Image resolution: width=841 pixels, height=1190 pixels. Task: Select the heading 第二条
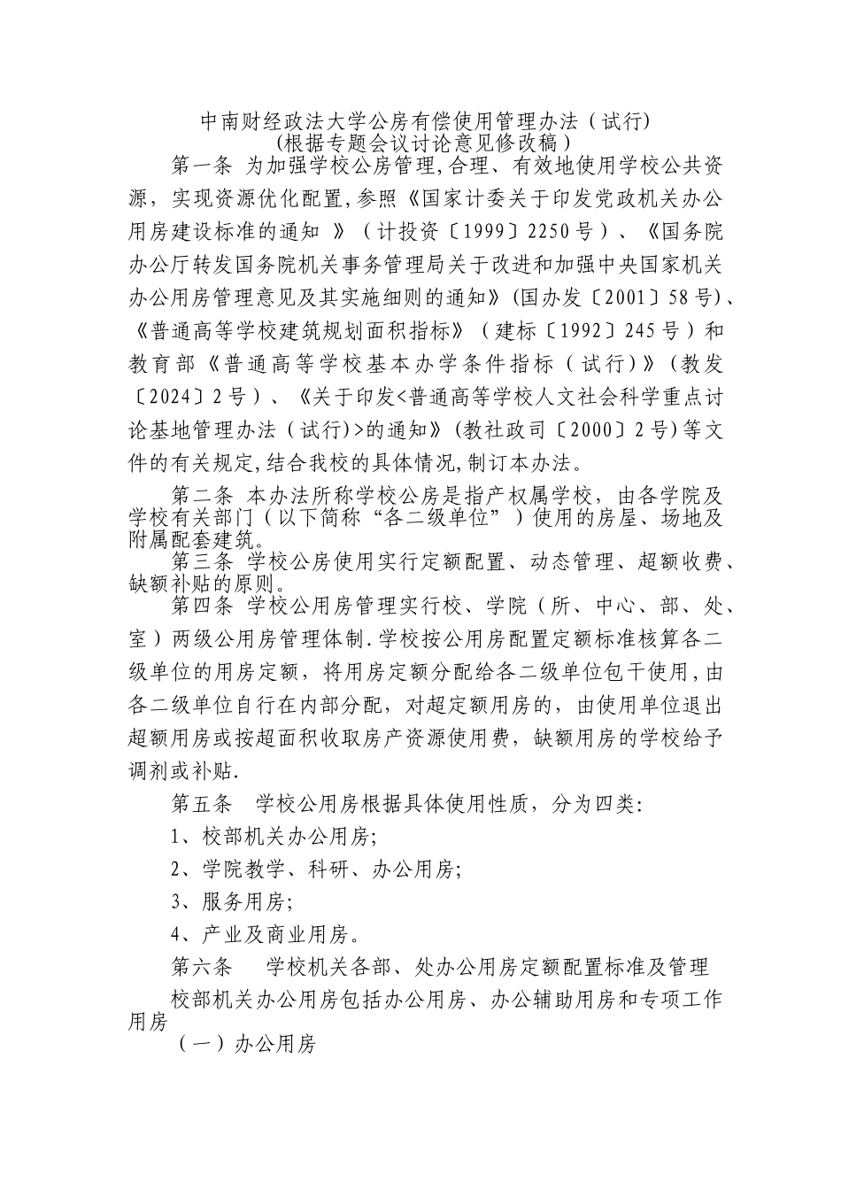(201, 494)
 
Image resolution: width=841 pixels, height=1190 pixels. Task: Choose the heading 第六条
(201, 965)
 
